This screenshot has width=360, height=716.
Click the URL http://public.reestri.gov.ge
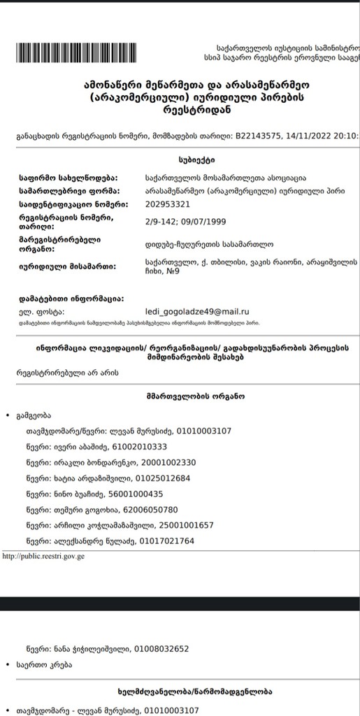click(43, 557)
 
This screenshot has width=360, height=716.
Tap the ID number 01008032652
click(161, 649)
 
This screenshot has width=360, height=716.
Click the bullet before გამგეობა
click(7, 416)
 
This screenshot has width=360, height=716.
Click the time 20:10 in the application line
click(345, 136)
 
